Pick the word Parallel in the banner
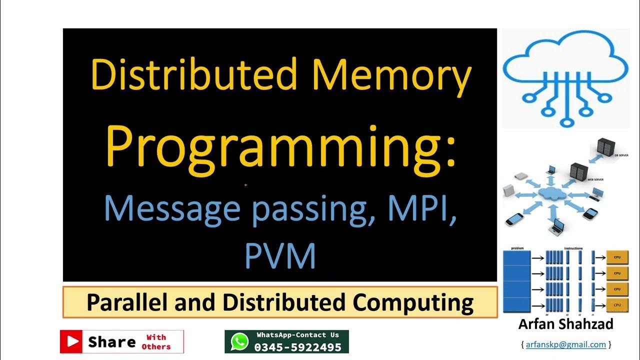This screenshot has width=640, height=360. coord(126,302)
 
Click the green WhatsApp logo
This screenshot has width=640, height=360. coord(239,342)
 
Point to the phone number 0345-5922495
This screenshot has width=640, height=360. coord(298,347)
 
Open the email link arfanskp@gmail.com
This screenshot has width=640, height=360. coord(565,344)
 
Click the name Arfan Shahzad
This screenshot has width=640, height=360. coord(565,324)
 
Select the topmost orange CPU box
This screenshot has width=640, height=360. coord(617,257)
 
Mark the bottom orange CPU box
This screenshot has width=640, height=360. coord(617,304)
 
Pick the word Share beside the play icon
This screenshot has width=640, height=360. coord(112,342)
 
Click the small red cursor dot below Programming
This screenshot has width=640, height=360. coord(245,185)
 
